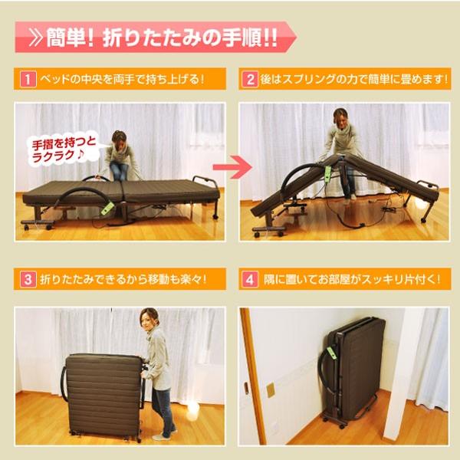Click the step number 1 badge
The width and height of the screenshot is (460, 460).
pyautogui.click(x=27, y=79)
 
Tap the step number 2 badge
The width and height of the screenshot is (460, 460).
pyautogui.click(x=251, y=79)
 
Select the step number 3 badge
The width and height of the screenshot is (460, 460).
pyautogui.click(x=27, y=279)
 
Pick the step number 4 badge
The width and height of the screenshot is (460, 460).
pyautogui.click(x=251, y=279)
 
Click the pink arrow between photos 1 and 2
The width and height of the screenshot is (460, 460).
pyautogui.click(x=232, y=167)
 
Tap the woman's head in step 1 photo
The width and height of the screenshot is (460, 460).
pyautogui.click(x=119, y=139)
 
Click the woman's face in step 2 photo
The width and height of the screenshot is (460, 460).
pyautogui.click(x=340, y=118)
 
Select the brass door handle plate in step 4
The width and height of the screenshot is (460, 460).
pyautogui.click(x=270, y=390)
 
